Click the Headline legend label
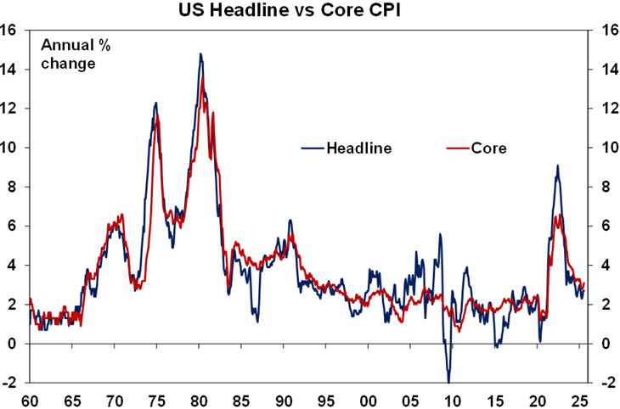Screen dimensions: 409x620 click(x=358, y=148)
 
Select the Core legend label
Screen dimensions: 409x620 click(x=489, y=148)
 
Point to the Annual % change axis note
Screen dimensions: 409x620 click(x=69, y=53)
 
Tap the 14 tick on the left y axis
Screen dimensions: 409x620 click(x=11, y=69)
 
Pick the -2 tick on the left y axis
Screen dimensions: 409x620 click(x=11, y=383)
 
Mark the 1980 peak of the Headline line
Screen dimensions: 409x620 click(x=200, y=54)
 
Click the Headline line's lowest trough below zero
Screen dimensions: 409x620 click(x=448, y=382)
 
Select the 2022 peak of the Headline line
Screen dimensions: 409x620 click(x=557, y=165)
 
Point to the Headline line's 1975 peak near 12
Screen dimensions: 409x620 click(x=156, y=103)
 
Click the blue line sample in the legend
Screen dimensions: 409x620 click(x=311, y=148)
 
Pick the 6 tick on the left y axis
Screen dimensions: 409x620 click(x=11, y=226)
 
